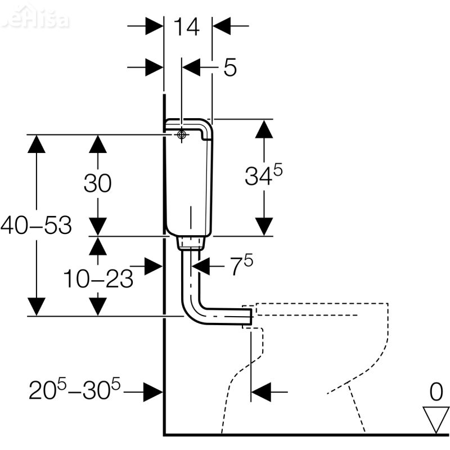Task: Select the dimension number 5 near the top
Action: coord(229,67)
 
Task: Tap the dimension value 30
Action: coord(97,183)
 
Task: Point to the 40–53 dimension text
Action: coord(37,226)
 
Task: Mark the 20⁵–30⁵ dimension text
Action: coord(76,389)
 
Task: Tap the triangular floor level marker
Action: coord(435,418)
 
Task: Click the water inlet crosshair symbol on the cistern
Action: coord(181,135)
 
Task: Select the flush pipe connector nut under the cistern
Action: coord(191,243)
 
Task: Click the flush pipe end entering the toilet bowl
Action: coord(246,316)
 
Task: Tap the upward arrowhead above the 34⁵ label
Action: coord(263,130)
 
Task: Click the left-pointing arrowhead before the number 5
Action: coord(193,67)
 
